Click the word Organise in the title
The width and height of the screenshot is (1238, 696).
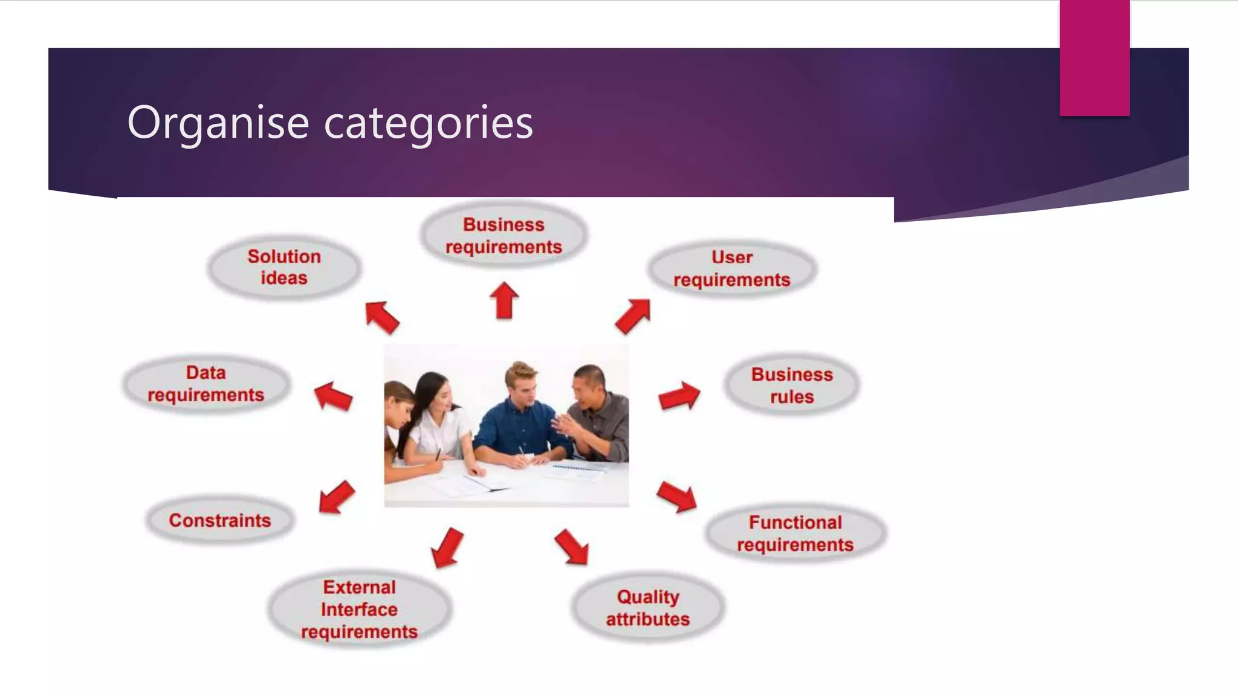[218, 123]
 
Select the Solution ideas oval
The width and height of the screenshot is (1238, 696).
[284, 267]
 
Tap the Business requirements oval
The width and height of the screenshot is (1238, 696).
[504, 236]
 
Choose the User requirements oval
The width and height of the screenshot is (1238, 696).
[731, 268]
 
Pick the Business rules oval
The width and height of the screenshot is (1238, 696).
[792, 385]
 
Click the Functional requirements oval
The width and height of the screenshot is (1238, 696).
[795, 533]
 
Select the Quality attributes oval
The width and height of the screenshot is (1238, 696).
[647, 608]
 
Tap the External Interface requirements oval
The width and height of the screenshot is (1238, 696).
[359, 609]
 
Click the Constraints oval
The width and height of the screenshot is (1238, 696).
[220, 520]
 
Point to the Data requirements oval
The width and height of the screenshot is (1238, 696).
[206, 384]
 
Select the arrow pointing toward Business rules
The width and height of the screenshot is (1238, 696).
[679, 396]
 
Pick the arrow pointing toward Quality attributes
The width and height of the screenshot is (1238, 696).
[572, 547]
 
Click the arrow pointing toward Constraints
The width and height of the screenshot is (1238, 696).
[336, 497]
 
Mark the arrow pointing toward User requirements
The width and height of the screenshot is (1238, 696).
[633, 315]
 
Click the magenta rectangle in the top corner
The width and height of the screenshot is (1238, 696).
[1094, 57]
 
